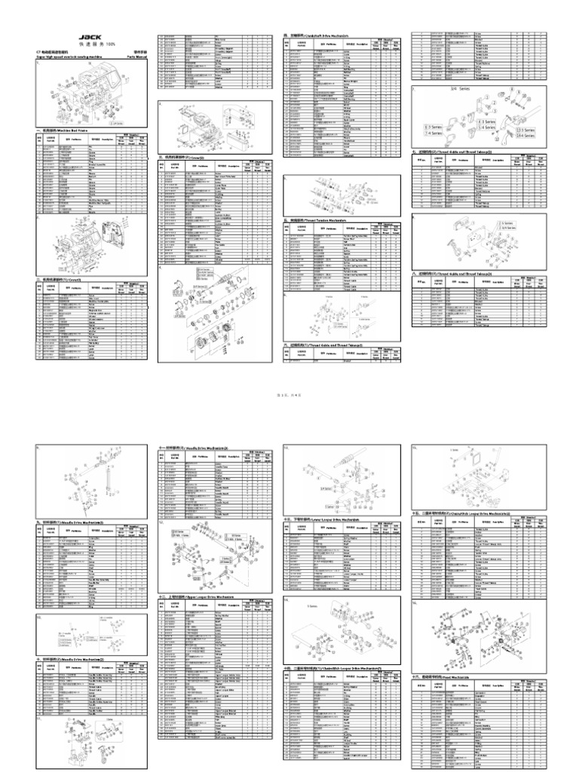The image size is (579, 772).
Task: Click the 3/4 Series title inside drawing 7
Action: pyautogui.click(x=456, y=89)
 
